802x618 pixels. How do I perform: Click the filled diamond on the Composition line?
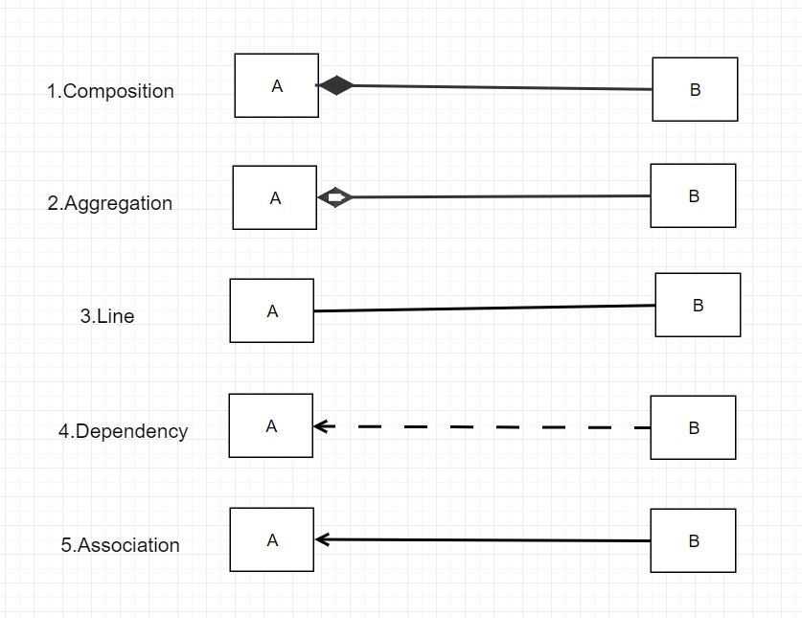(x=335, y=85)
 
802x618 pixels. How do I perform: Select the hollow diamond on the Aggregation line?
(x=335, y=197)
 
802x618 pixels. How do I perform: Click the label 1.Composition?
(x=110, y=92)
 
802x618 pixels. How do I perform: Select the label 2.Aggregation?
(x=109, y=204)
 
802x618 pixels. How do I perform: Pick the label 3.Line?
(x=106, y=316)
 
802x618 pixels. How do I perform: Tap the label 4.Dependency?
(x=123, y=431)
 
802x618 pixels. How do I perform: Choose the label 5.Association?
(x=120, y=545)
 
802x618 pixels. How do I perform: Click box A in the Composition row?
(x=277, y=85)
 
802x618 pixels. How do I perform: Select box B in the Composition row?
(x=695, y=89)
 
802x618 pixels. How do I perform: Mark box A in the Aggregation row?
(x=275, y=197)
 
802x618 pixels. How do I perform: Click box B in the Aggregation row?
(x=693, y=195)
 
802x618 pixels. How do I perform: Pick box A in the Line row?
(x=272, y=310)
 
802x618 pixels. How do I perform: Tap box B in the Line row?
(x=698, y=305)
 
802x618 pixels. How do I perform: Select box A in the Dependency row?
(x=271, y=425)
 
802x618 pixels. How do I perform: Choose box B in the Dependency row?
(x=693, y=427)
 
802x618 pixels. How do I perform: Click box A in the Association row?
(x=272, y=539)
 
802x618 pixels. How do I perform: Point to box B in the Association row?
(x=693, y=540)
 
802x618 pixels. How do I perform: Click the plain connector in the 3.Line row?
(x=484, y=309)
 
